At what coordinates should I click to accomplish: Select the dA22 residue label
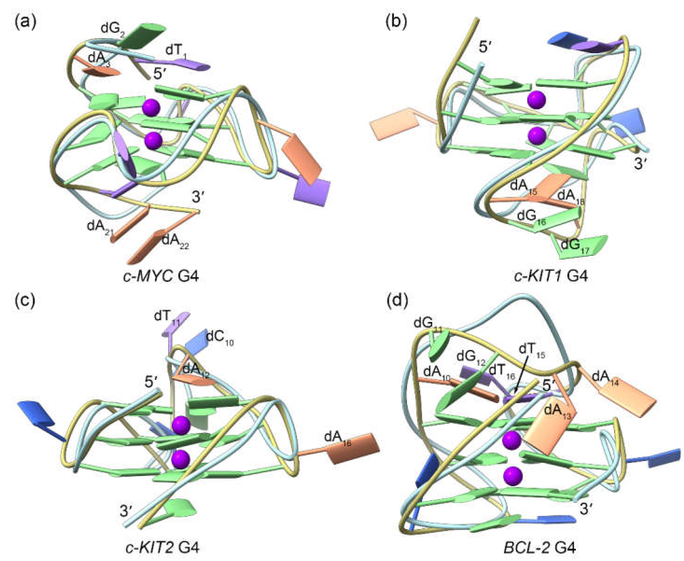click(175, 241)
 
